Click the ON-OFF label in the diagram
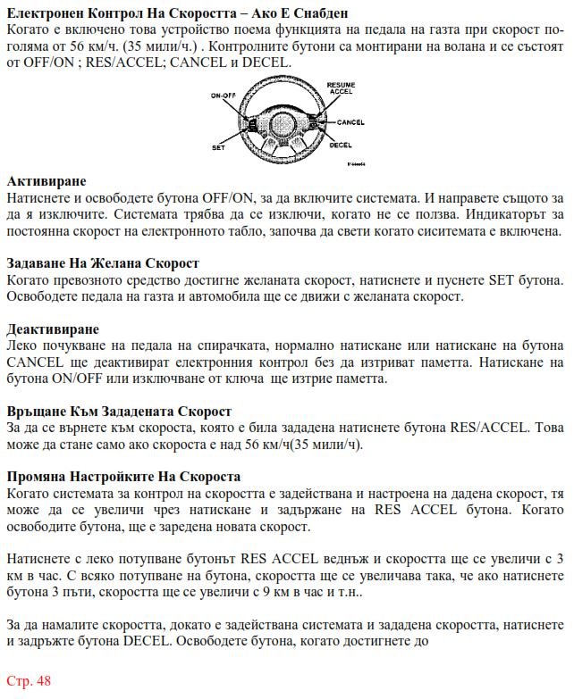click(223, 95)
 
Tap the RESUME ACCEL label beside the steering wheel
click(341, 87)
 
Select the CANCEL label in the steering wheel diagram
click(350, 121)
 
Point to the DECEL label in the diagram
click(341, 144)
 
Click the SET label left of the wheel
click(218, 145)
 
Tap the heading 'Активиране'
click(42, 180)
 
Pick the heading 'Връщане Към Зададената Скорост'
click(119, 412)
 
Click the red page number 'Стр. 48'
click(29, 681)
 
